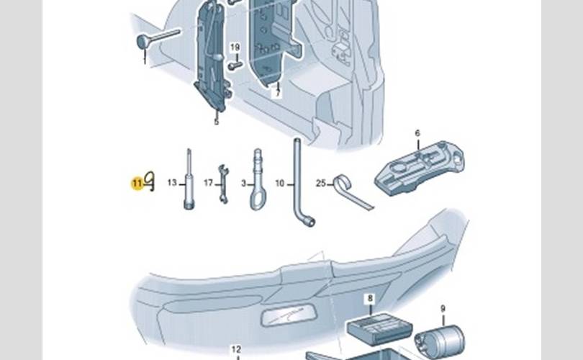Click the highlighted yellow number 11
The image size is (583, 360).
tap(137, 184)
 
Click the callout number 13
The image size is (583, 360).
tap(172, 184)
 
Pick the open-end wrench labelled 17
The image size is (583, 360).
tap(222, 184)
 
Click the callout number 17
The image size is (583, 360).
tap(208, 184)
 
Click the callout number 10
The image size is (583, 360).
tap(280, 184)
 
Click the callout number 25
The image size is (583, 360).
tap(321, 183)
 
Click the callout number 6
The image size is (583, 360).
tap(417, 133)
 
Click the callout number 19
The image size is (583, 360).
tap(235, 48)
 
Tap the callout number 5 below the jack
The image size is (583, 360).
tap(216, 122)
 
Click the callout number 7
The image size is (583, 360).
tap(276, 94)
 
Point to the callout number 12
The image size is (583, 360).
tap(236, 350)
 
